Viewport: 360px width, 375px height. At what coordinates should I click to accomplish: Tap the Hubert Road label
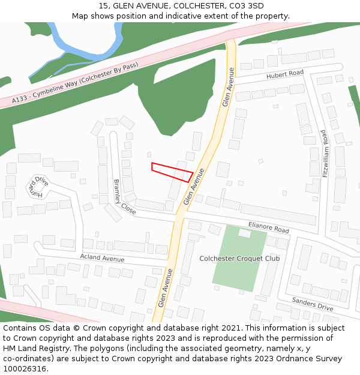[x=286, y=74]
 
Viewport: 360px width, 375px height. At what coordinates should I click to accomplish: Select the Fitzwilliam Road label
[x=326, y=154]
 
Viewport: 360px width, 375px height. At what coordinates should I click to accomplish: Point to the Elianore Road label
[x=268, y=227]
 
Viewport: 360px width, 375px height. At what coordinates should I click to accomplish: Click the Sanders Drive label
[x=312, y=304]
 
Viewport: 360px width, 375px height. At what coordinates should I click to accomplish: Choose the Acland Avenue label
[x=102, y=258]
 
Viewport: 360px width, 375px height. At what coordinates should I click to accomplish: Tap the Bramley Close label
[x=124, y=197]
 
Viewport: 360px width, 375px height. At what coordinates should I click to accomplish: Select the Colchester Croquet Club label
[x=239, y=259]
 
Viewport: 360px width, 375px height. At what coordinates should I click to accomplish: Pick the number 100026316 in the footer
[x=23, y=368]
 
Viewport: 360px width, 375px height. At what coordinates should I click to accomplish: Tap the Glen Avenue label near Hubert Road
[x=228, y=87]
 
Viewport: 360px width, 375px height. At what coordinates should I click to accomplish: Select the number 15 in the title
[x=103, y=6]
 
